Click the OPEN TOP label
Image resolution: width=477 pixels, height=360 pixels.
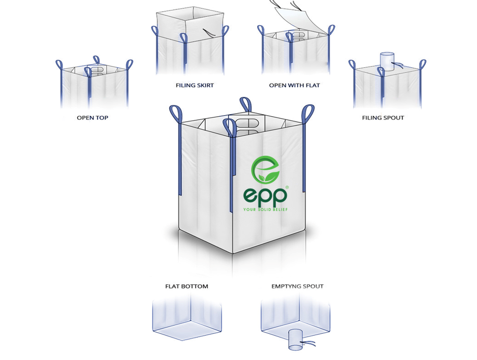92,118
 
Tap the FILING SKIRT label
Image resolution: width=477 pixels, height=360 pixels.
195,85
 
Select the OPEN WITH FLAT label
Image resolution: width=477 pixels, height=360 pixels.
295,85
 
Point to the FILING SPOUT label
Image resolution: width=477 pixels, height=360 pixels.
383,118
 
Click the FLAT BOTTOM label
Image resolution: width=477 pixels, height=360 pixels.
187,287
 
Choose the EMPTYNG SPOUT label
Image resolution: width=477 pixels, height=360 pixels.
298,287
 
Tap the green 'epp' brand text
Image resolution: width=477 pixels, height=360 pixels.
265,195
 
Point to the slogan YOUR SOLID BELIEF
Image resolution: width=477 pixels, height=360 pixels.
265,210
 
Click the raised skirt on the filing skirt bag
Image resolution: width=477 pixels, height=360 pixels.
188,23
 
